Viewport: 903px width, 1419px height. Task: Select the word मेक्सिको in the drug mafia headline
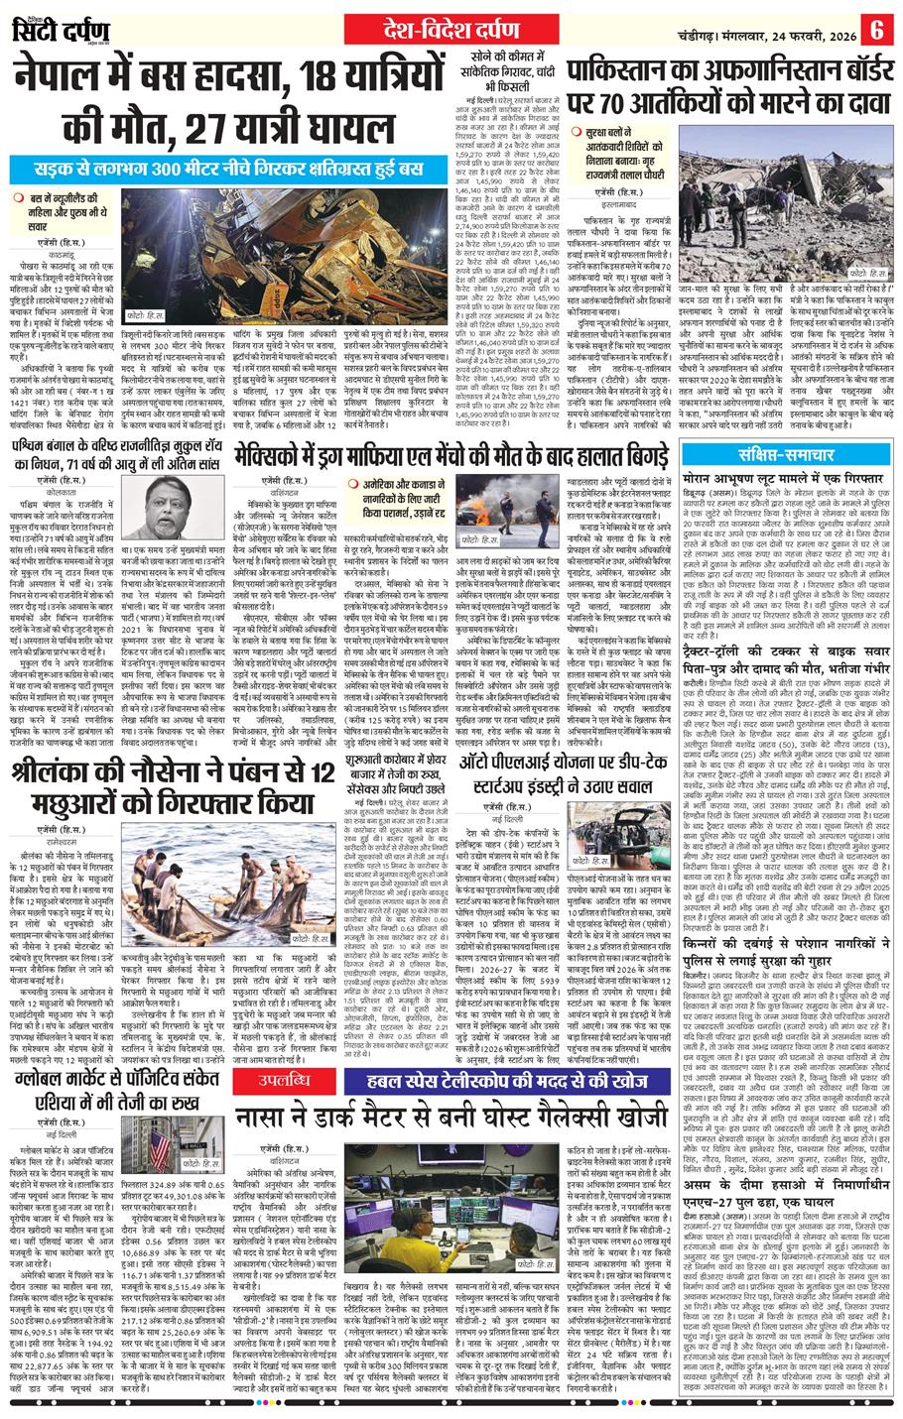coord(280,457)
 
